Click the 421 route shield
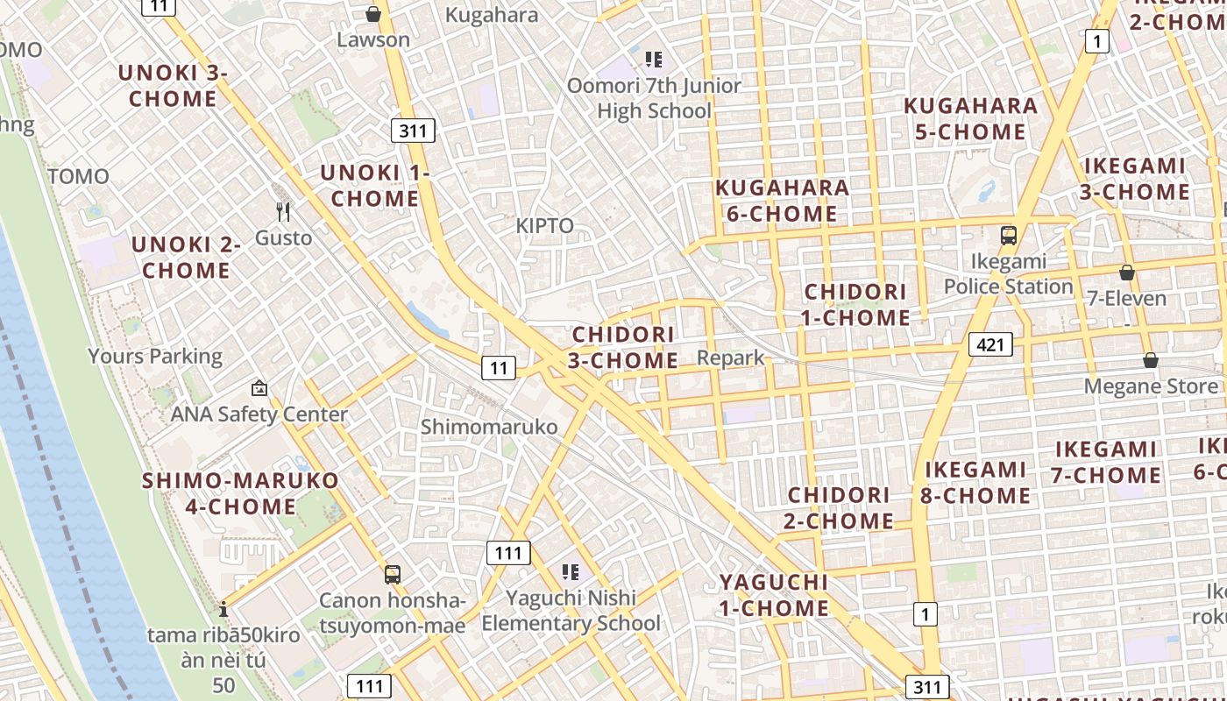(x=989, y=344)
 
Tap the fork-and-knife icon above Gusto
(x=283, y=211)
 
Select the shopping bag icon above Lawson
(x=373, y=14)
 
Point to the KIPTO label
(x=544, y=226)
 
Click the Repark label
(x=731, y=358)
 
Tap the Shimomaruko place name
(x=489, y=427)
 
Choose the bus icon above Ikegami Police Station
(x=1009, y=235)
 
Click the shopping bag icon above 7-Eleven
(x=1127, y=273)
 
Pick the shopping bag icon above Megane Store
(x=1151, y=360)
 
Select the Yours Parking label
(x=155, y=356)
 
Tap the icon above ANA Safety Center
(x=259, y=387)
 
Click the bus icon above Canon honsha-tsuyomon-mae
(x=392, y=575)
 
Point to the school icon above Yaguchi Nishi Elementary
(x=571, y=572)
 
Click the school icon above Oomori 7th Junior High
(x=654, y=60)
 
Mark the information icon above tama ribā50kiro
(x=223, y=609)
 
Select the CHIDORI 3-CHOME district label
(x=624, y=347)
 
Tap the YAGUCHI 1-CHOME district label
(x=774, y=595)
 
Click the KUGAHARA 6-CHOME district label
(x=782, y=201)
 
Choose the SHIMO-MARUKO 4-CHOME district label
(x=241, y=493)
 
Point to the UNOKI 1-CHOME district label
(x=375, y=186)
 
